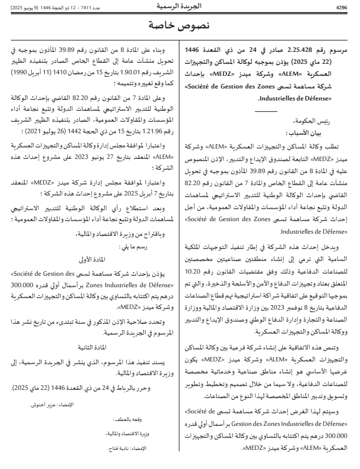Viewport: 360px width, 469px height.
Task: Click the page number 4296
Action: point(341,8)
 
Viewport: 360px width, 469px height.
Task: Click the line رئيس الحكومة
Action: point(333,123)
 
